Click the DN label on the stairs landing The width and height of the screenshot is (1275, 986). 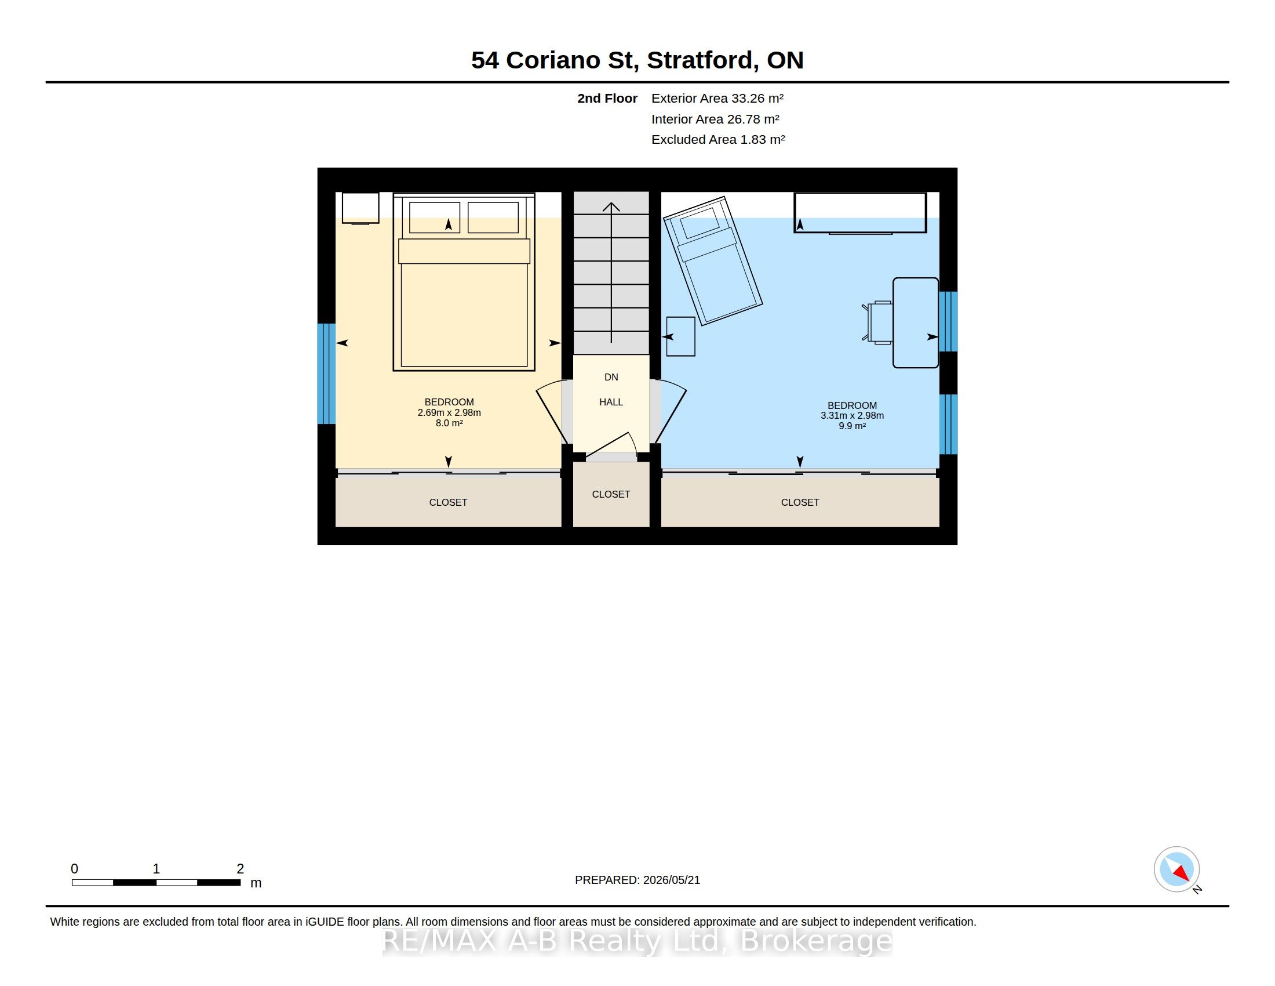tap(611, 378)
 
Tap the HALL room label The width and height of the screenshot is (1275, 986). tap(611, 402)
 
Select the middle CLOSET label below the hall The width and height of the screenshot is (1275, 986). tap(611, 494)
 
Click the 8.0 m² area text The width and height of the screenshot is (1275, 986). tap(449, 423)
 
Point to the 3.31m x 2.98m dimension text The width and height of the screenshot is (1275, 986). tap(852, 416)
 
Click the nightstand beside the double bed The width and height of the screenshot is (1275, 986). tap(360, 208)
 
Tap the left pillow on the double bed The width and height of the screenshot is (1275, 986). tap(434, 217)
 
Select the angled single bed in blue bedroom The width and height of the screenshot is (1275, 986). tap(713, 260)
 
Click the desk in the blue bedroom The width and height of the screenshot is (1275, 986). tap(915, 322)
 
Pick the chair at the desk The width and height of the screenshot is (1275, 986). tap(879, 322)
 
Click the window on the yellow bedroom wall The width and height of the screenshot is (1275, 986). tap(326, 374)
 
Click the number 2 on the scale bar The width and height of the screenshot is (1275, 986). tap(240, 869)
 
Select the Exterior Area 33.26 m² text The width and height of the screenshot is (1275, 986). tap(717, 98)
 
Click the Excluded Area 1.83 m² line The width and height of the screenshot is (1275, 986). tap(718, 140)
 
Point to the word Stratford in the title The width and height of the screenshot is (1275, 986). tap(700, 60)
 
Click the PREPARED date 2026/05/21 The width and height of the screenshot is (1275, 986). tap(671, 880)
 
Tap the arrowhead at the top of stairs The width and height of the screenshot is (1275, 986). tap(611, 206)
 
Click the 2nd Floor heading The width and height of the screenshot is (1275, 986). tap(607, 98)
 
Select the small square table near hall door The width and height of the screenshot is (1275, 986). tap(681, 336)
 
